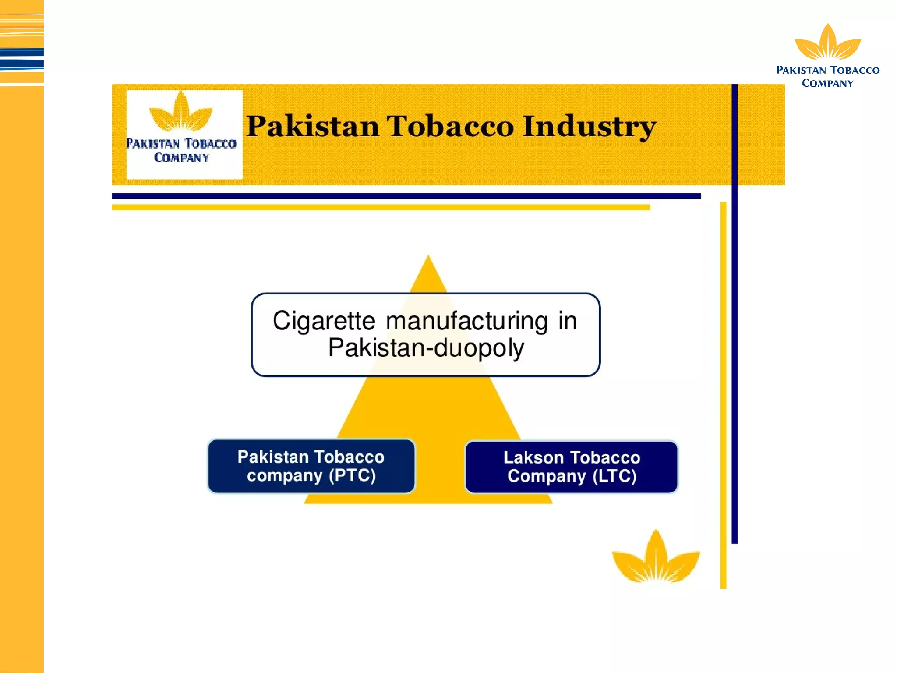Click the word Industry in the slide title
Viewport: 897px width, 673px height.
coord(590,127)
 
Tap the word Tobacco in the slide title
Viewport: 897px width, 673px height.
coord(450,126)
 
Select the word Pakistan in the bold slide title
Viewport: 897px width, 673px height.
coord(313,126)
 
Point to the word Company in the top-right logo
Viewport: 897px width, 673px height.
coord(827,83)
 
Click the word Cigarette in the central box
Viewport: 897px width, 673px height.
coord(324,321)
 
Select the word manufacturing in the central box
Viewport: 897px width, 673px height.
coord(467,321)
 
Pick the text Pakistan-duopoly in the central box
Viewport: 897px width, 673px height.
coord(426,348)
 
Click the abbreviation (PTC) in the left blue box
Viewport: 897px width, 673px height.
coord(352,476)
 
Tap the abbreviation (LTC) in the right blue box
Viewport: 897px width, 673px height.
coord(614,476)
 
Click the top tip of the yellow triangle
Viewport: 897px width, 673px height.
coord(428,255)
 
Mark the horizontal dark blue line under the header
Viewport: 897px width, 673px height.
coord(406,196)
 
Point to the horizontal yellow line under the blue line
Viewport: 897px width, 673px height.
coord(381,207)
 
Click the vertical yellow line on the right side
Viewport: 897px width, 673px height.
coord(723,395)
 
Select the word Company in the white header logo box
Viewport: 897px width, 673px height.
coord(181,157)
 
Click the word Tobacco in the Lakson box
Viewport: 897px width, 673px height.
coord(606,457)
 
